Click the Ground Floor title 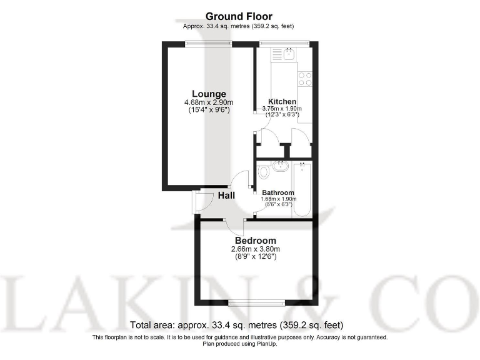click(239, 16)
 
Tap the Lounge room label click(209, 94)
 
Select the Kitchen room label click(282, 101)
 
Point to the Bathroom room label click(278, 192)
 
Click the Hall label click(226, 196)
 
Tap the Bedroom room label click(255, 241)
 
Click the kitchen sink click(288, 55)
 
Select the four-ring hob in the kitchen click(305, 78)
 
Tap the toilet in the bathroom click(263, 170)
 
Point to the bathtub click(302, 188)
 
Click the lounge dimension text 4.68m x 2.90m click(209, 103)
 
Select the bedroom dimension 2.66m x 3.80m click(255, 249)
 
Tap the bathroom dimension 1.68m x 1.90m click(278, 199)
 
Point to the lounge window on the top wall click(209, 43)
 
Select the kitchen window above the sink click(285, 43)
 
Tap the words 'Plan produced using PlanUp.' click(239, 343)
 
